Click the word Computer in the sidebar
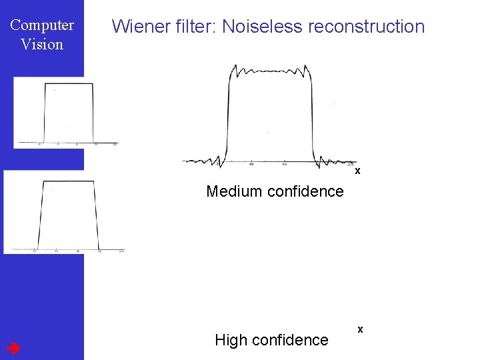(42, 26)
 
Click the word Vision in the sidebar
(42, 45)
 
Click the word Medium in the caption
(234, 192)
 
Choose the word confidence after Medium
(305, 192)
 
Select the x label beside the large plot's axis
(358, 171)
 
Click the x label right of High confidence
(361, 329)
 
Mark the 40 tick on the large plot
(251, 164)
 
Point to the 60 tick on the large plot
(285, 164)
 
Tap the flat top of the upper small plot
(69, 83)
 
